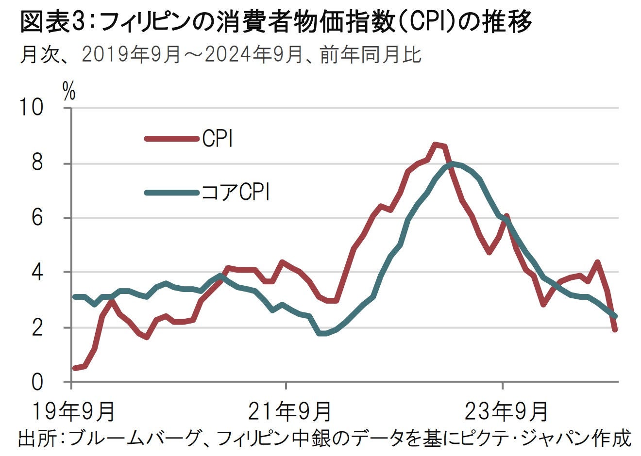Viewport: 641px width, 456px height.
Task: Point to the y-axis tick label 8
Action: click(x=38, y=163)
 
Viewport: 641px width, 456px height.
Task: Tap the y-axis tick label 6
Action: click(x=38, y=218)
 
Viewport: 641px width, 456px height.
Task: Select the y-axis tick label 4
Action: click(x=38, y=272)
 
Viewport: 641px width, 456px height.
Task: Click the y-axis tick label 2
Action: click(x=38, y=327)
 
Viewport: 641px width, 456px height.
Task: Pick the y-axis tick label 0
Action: click(x=38, y=382)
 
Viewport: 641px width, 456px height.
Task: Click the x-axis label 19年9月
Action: click(x=73, y=410)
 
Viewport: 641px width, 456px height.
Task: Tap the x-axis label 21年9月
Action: click(x=290, y=410)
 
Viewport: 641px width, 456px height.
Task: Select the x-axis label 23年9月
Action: click(x=506, y=410)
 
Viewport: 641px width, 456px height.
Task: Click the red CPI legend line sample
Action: click(x=172, y=139)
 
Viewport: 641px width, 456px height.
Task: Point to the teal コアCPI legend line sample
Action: click(x=172, y=193)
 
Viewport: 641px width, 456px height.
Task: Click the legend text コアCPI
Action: click(x=235, y=193)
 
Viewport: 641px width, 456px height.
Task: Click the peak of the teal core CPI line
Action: click(x=453, y=164)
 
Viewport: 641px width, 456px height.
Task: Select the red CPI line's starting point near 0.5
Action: click(x=74, y=368)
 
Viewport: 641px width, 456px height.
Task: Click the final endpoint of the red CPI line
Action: click(x=615, y=330)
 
